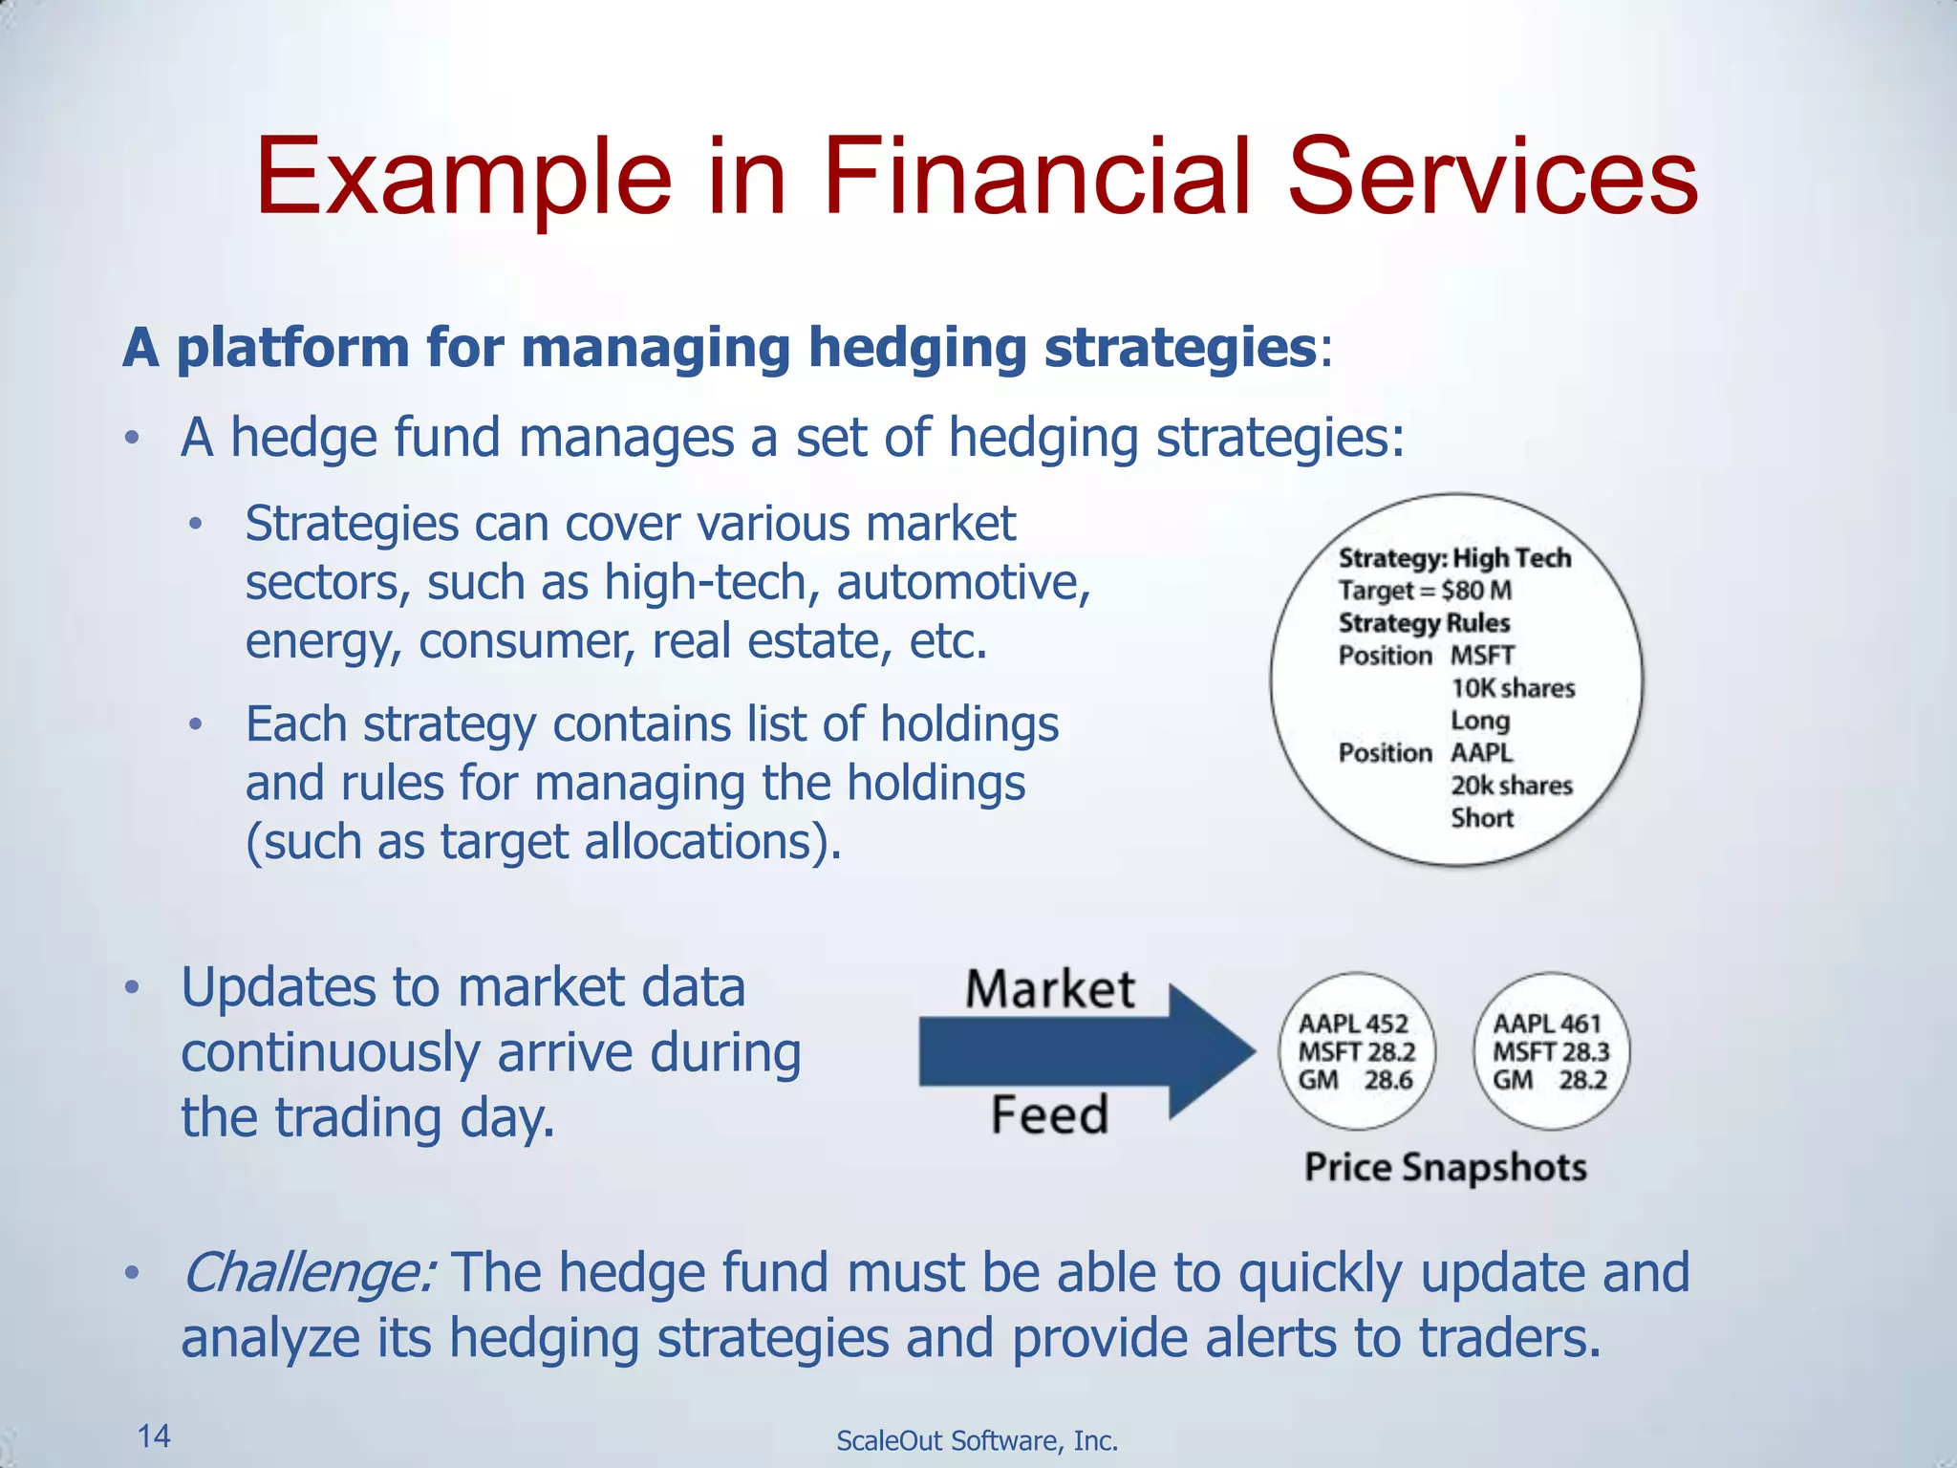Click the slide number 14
pyautogui.click(x=154, y=1436)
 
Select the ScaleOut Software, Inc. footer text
pyautogui.click(x=977, y=1440)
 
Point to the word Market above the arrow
pyautogui.click(x=1049, y=989)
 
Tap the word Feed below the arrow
pyautogui.click(x=1049, y=1115)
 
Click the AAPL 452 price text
pyautogui.click(x=1353, y=1024)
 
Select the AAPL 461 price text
pyautogui.click(x=1547, y=1024)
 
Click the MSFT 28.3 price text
pyautogui.click(x=1551, y=1052)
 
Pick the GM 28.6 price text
pyautogui.click(x=1355, y=1081)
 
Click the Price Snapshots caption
pyautogui.click(x=1445, y=1168)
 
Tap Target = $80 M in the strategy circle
pyautogui.click(x=1424, y=591)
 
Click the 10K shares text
pyautogui.click(x=1513, y=688)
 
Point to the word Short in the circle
pyautogui.click(x=1482, y=818)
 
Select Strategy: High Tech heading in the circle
pyautogui.click(x=1453, y=558)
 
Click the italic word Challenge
pyautogui.click(x=309, y=1273)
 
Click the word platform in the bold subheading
pyautogui.click(x=293, y=347)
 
